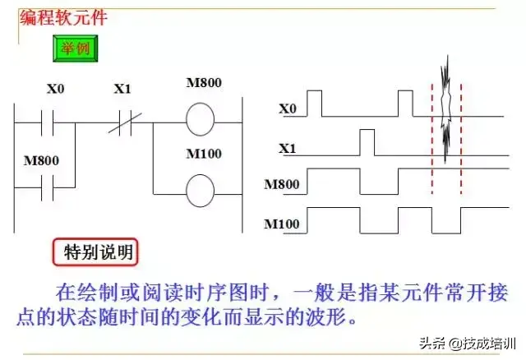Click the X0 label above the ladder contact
(x=55, y=89)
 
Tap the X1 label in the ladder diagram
(x=122, y=89)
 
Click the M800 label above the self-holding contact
(x=43, y=160)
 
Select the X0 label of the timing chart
(x=287, y=108)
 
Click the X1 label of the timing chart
(x=287, y=149)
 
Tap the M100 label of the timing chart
(x=282, y=223)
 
